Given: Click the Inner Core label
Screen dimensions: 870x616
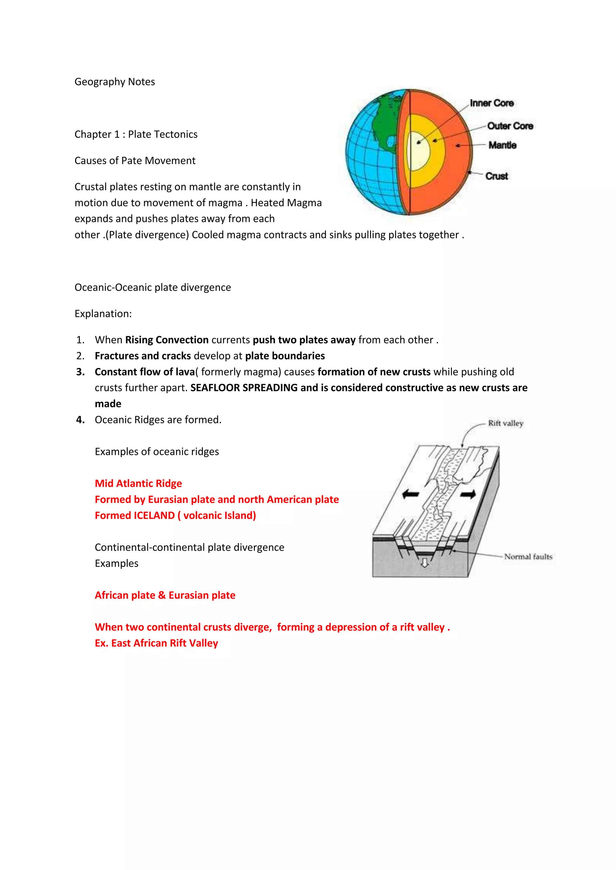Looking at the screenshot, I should point(491,103).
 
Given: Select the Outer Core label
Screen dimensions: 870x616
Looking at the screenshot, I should point(510,126).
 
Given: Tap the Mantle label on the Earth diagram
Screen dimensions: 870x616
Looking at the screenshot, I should point(502,145).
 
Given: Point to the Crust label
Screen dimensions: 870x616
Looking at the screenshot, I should point(497,176).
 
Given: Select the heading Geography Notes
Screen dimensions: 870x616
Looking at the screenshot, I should point(115,82).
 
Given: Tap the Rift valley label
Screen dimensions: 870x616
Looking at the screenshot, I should point(505,423).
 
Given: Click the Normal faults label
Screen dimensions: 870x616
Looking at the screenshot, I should point(528,557).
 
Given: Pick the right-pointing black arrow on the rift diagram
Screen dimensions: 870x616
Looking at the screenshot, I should point(468,494).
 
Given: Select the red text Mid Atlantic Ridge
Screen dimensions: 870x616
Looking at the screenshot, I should point(138,483).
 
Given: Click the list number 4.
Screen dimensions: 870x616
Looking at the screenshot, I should point(80,420).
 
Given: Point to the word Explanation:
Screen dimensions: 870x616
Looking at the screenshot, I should point(103,314).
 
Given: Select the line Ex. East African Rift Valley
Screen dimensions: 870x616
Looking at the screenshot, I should point(156,643).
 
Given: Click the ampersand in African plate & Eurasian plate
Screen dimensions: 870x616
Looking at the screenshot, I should point(162,595).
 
